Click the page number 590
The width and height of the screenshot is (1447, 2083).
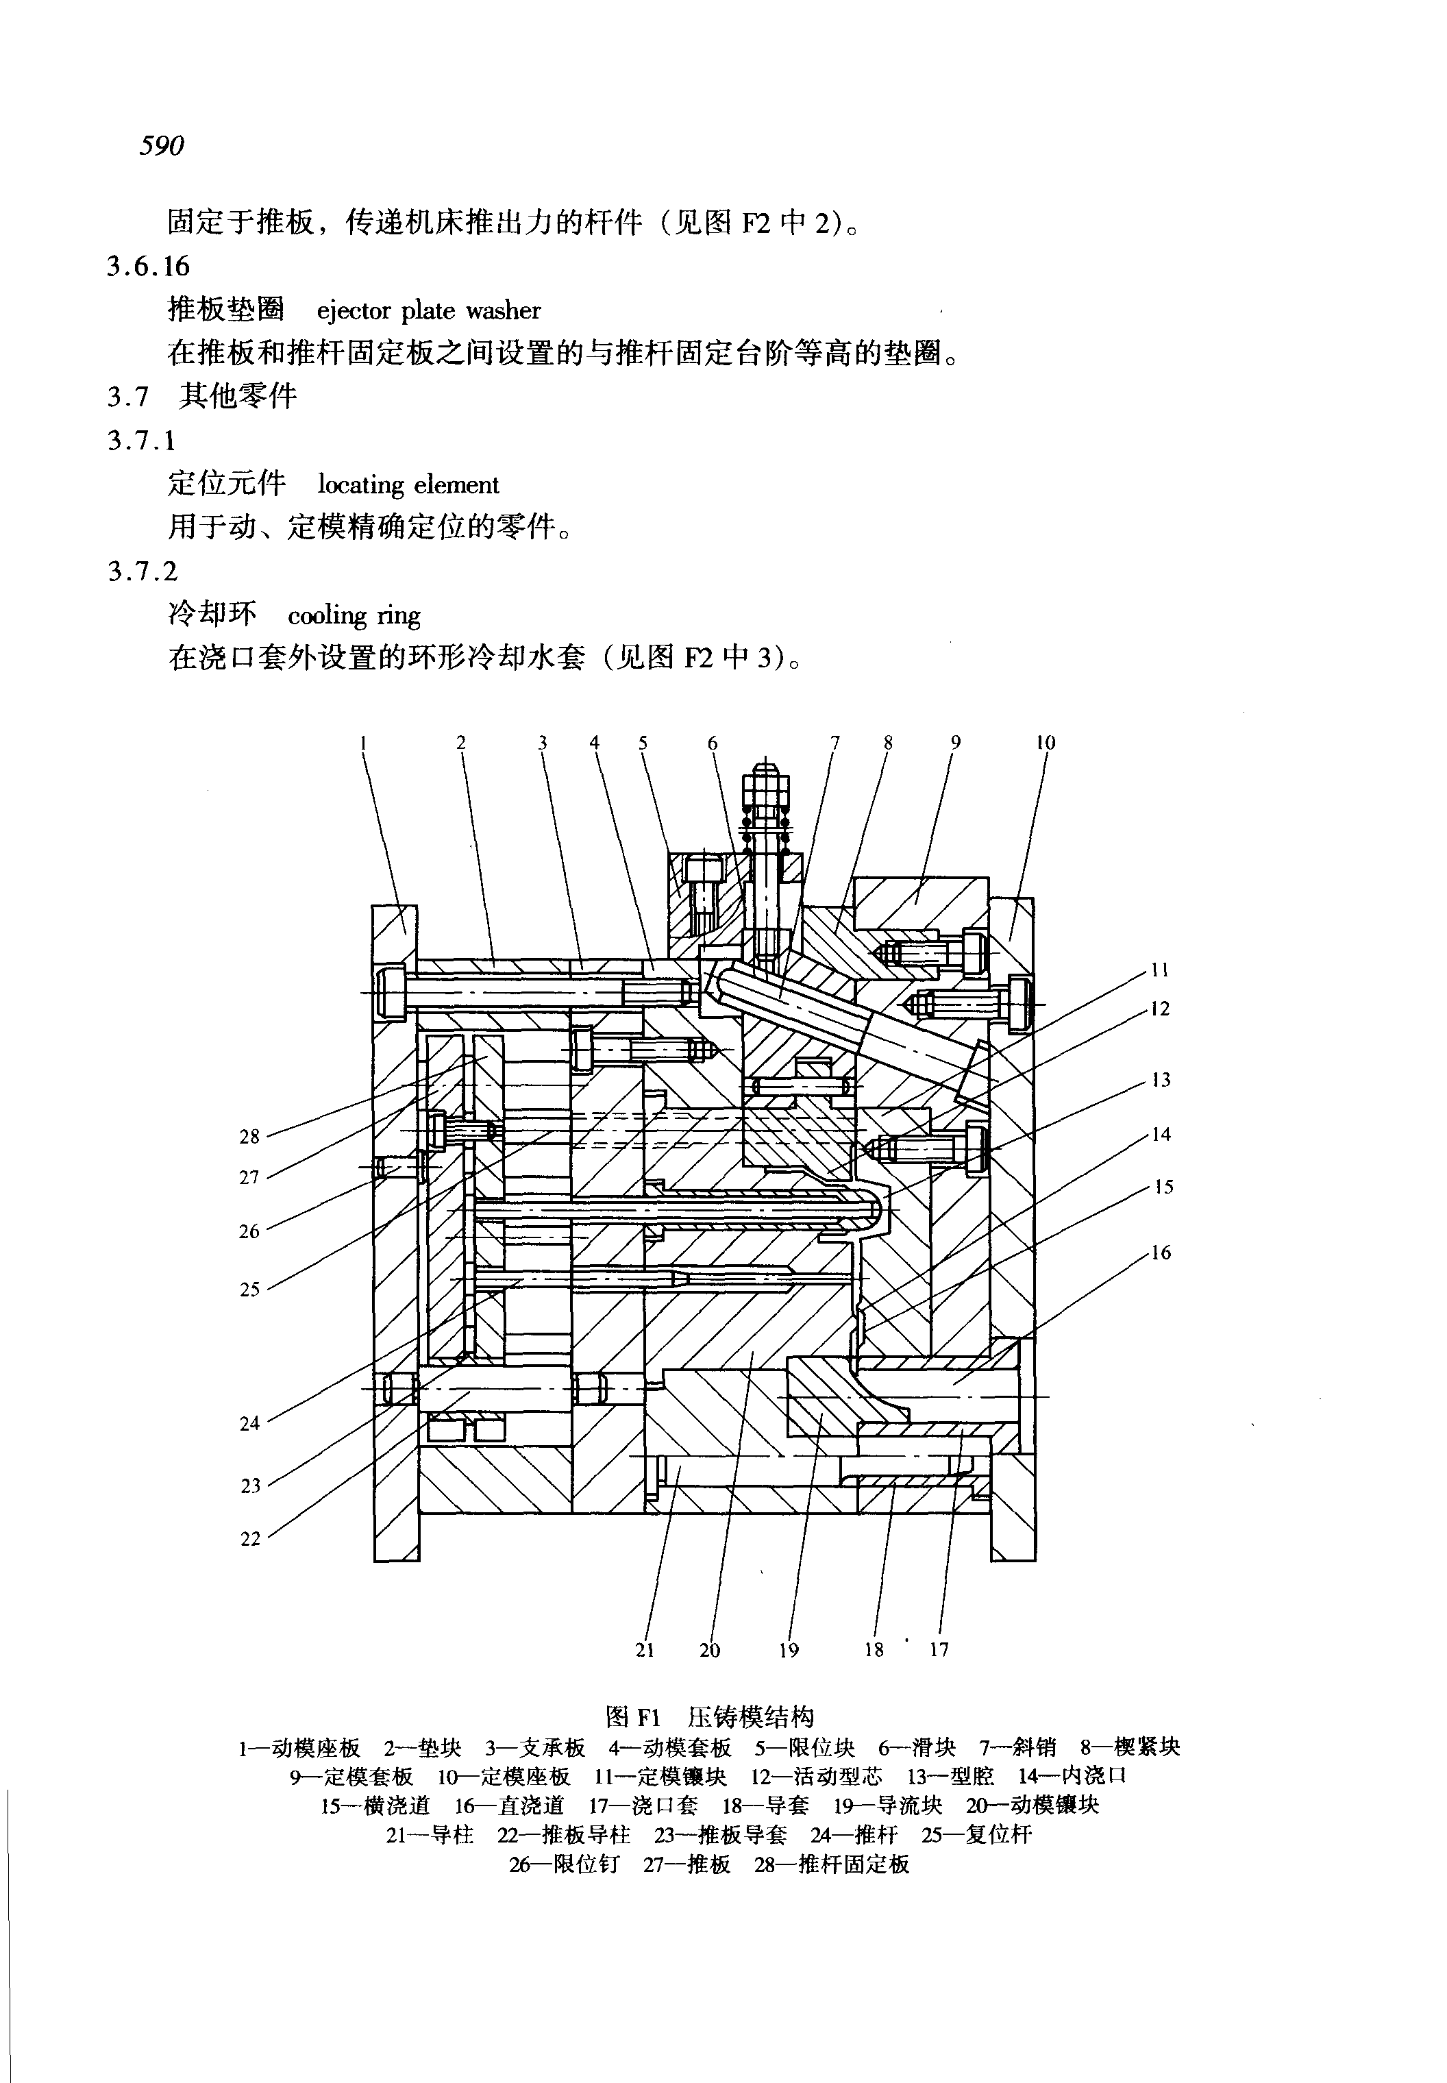(162, 145)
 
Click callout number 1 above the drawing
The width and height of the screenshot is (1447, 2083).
(362, 743)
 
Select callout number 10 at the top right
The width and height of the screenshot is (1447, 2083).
(1046, 743)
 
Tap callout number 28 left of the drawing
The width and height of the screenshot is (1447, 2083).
(249, 1136)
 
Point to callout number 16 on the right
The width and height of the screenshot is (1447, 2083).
(1161, 1253)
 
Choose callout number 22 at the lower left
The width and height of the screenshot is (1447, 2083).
(250, 1539)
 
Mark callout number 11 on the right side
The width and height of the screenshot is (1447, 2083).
(1161, 970)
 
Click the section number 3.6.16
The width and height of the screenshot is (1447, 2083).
(149, 266)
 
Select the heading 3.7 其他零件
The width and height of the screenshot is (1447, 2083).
(202, 396)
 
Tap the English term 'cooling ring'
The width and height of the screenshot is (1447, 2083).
(354, 616)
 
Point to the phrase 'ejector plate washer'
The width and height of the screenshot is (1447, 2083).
(428, 311)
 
